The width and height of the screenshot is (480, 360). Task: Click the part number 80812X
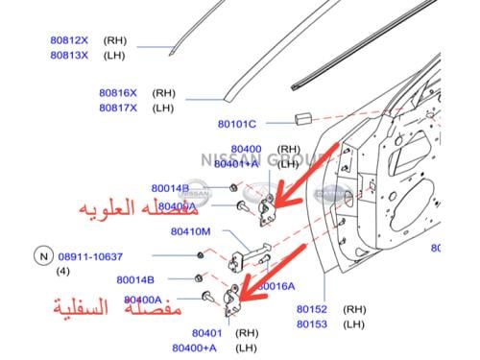tap(68, 41)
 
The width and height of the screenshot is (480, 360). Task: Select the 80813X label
tap(68, 55)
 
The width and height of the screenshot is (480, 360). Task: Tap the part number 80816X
tap(117, 93)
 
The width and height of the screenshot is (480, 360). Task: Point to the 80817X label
tap(117, 108)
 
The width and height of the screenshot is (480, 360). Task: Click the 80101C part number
tap(236, 124)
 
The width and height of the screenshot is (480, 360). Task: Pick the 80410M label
tap(191, 231)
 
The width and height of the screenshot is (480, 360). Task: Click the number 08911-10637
tap(90, 256)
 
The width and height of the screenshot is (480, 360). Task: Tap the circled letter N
tap(41, 256)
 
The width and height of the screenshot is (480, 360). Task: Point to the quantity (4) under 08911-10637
tap(63, 271)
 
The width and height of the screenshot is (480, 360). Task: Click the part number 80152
tap(313, 310)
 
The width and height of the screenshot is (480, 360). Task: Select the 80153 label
tap(313, 324)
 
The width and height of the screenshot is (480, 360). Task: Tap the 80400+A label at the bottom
tap(195, 348)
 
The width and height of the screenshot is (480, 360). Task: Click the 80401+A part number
tap(236, 164)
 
